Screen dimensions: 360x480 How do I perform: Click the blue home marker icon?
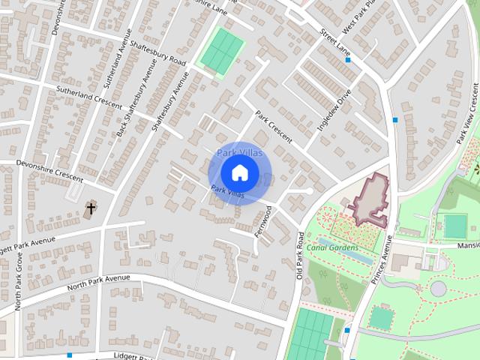239,172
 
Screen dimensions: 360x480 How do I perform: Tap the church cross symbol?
91,208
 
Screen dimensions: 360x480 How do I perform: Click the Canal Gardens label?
332,247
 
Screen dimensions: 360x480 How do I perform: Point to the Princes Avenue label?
380,258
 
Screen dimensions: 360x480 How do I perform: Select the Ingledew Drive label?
334,110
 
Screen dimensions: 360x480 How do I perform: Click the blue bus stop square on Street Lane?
349,59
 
